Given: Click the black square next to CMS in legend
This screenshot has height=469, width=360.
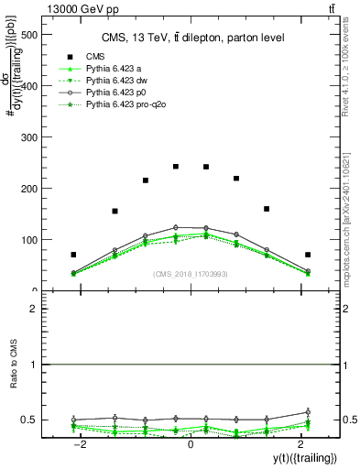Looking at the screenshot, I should pos(65,55).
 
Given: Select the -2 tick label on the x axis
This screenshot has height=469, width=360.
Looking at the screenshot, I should pos(80,443).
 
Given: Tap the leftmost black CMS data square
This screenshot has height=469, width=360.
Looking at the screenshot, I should pos(73,255).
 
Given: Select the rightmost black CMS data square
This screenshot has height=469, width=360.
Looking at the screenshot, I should pos(308,255).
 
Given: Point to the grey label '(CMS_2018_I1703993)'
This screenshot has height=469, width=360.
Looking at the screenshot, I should pos(190,274).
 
